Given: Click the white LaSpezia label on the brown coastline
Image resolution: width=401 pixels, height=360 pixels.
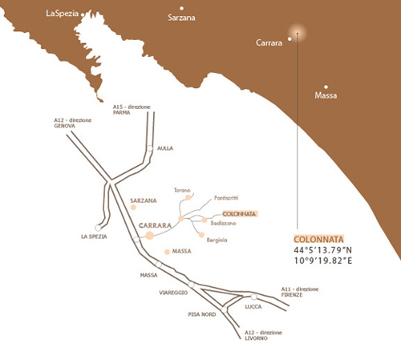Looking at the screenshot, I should coord(64,14).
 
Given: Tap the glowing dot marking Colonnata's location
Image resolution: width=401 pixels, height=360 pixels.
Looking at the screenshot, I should coord(298,34).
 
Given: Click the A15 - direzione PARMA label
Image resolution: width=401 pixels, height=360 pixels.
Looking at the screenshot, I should coord(132,109).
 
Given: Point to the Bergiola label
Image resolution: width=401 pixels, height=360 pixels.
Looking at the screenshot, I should coord(217,239).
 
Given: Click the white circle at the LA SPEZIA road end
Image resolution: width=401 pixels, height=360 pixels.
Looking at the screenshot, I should coord(99,227).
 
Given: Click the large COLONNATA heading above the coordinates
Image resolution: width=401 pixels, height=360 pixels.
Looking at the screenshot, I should coord(318,239).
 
